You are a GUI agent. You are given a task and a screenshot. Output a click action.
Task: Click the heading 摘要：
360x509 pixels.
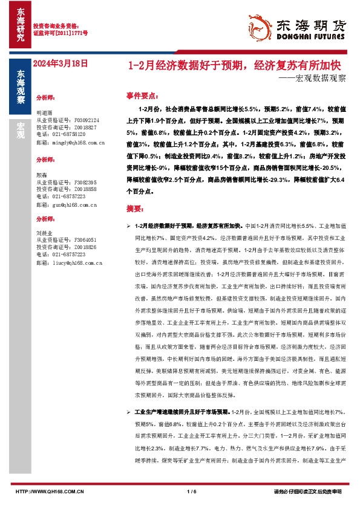tap(134, 208)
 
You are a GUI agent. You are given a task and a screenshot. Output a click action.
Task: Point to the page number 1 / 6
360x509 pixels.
tap(192, 491)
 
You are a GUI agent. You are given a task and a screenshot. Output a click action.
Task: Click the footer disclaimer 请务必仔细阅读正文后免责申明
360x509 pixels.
tap(307, 491)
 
